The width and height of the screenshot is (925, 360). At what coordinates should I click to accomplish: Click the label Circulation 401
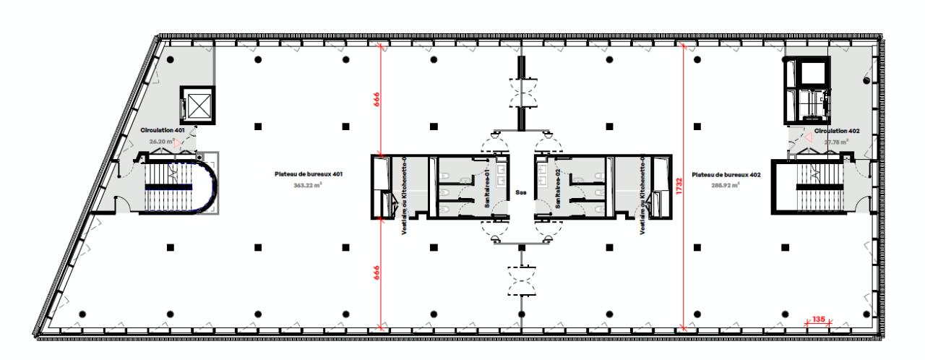pyautogui.click(x=163, y=130)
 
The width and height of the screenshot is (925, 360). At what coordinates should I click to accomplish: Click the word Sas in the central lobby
pyautogui.click(x=521, y=192)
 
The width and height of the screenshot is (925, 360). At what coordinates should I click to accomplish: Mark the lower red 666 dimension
pyautogui.click(x=377, y=273)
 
